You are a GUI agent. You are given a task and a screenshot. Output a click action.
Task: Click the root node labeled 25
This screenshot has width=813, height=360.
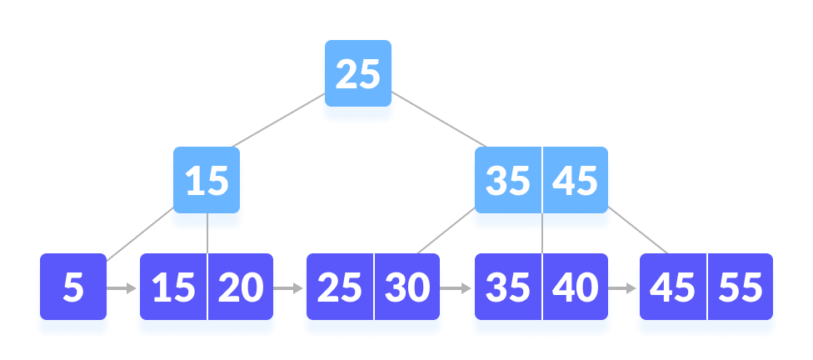point(357,77)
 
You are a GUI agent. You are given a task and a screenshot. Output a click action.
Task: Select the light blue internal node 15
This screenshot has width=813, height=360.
point(207,182)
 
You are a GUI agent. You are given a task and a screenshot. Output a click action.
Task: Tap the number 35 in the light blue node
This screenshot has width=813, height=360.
point(507,182)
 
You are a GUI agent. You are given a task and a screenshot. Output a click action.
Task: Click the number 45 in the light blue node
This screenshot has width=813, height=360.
point(576,182)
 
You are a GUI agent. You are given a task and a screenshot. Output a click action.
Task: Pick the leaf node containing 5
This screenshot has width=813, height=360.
point(73,288)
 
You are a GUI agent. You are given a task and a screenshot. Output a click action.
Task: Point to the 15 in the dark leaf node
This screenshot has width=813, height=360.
point(173,288)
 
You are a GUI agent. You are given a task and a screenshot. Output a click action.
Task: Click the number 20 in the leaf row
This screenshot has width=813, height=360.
point(241,288)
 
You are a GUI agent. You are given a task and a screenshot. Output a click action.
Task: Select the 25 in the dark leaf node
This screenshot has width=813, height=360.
point(340,288)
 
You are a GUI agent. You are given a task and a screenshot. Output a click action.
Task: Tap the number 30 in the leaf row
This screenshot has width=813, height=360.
point(407,288)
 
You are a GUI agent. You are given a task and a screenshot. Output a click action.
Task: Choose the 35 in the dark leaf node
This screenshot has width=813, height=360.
point(507,288)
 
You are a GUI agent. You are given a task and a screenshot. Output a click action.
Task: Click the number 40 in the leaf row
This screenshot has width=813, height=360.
point(576,288)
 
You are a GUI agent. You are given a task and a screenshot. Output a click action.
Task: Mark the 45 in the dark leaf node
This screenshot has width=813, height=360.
point(672,288)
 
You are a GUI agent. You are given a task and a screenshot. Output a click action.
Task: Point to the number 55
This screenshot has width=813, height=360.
point(740,288)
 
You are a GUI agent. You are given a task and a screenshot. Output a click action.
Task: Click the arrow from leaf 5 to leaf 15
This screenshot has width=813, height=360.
point(122,289)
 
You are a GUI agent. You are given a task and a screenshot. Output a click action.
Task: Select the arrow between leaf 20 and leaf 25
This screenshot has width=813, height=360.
point(289,289)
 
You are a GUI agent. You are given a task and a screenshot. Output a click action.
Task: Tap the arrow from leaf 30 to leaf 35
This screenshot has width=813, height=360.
point(456,289)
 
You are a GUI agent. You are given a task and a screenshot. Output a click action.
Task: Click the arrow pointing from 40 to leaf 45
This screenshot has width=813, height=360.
point(621,289)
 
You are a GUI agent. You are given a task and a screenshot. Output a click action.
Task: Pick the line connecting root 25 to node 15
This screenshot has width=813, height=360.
point(277,122)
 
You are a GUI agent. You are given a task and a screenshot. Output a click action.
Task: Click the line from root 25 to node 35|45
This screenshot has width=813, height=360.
point(441,122)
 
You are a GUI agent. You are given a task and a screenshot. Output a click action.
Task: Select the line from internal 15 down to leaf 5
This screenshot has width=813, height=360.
point(138,236)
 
